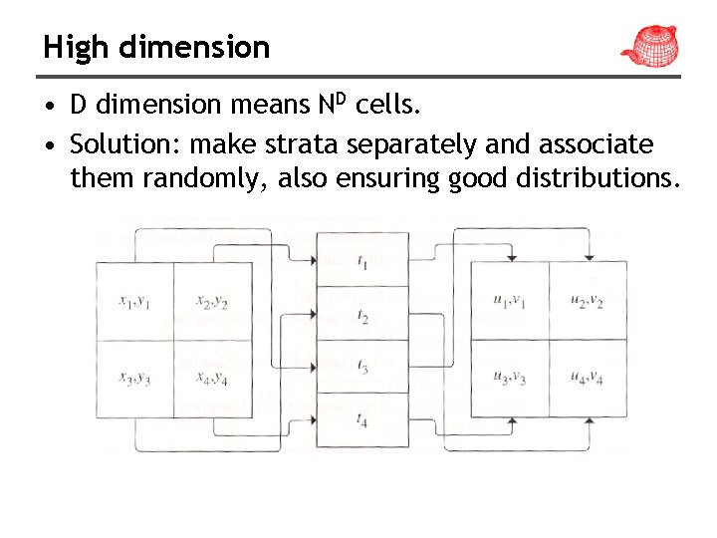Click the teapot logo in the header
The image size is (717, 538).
pyautogui.click(x=648, y=44)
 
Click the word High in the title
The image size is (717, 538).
pyautogui.click(x=71, y=47)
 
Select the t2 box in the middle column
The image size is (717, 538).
pyautogui.click(x=361, y=316)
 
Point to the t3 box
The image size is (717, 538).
pyautogui.click(x=361, y=368)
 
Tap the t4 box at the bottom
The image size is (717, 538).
pyautogui.click(x=361, y=419)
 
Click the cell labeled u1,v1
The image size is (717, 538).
pyautogui.click(x=509, y=301)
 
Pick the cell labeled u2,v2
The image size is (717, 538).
pyautogui.click(x=588, y=301)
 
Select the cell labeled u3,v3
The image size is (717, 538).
pyautogui.click(x=509, y=378)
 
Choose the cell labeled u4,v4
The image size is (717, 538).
pyautogui.click(x=588, y=378)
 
